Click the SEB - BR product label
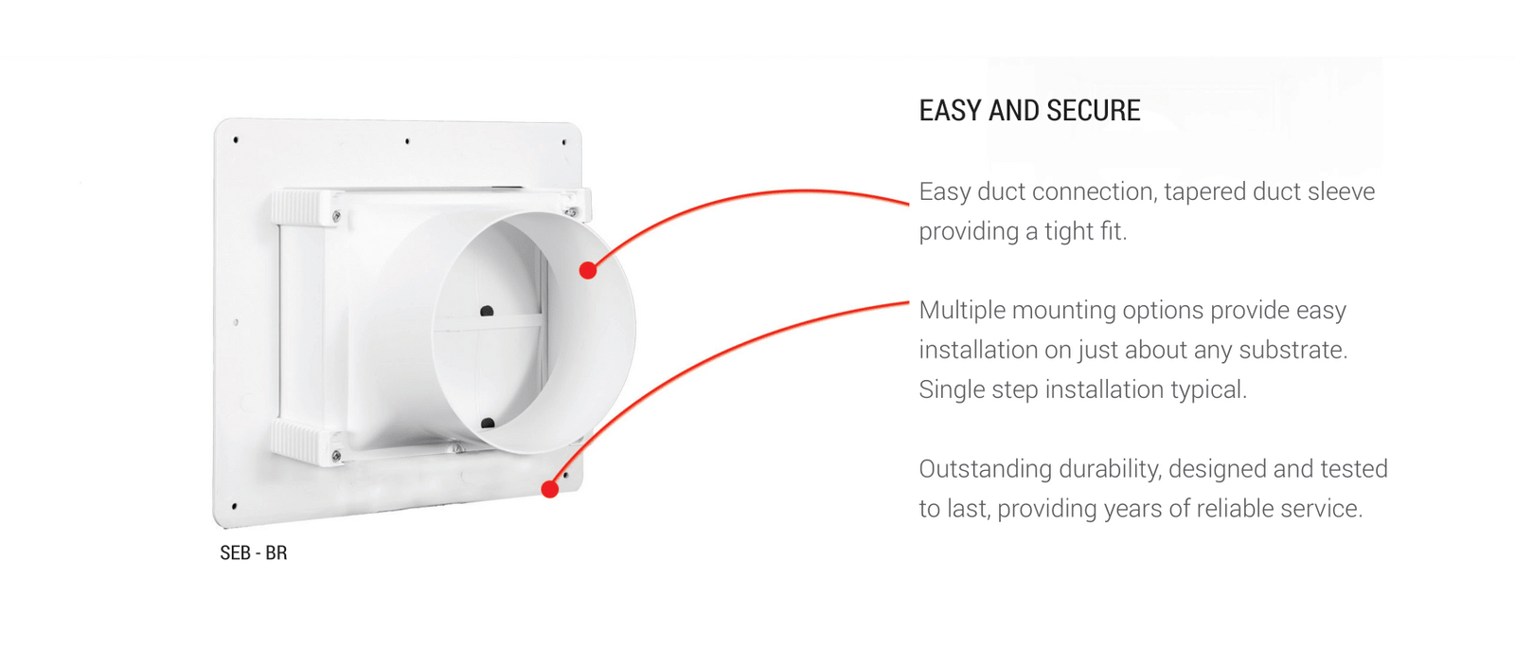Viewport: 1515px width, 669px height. (254, 553)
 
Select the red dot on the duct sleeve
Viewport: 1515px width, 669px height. (588, 270)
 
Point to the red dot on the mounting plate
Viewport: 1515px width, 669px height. (550, 489)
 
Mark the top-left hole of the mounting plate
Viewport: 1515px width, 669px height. (236, 140)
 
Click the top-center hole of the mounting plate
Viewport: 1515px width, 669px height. (407, 141)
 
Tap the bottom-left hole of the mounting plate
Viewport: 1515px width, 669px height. (234, 506)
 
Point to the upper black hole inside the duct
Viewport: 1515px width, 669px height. (487, 312)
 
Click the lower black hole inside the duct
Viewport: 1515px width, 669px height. (488, 424)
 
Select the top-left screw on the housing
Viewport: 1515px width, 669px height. (337, 217)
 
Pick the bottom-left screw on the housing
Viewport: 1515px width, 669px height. (337, 457)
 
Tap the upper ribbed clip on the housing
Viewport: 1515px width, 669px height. (296, 208)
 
